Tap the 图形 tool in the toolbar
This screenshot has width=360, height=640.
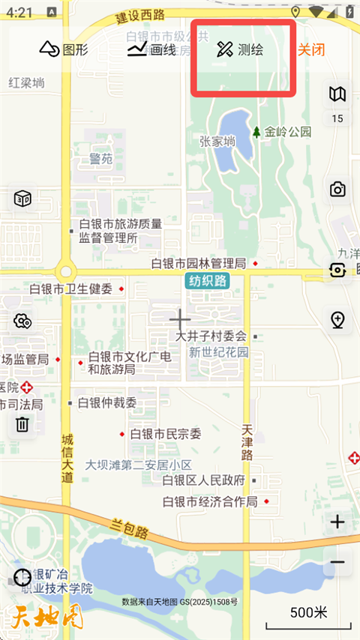pos(64,49)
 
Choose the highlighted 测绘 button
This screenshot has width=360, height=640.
pos(241,50)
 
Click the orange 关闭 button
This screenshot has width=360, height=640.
pos(311,49)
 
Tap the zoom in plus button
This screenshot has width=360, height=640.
pos(337,522)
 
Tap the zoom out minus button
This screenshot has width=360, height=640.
pos(337,562)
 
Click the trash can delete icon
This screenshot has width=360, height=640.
pos(22,424)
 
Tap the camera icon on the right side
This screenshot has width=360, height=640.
pos(338,189)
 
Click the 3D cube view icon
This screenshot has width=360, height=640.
pos(22,199)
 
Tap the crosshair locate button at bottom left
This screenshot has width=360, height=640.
pos(22,577)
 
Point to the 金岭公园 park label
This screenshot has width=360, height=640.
pos(287,132)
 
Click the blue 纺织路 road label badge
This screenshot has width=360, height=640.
pos(207,280)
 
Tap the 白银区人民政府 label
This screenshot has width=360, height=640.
pos(204,480)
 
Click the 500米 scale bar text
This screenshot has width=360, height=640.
pos(309,612)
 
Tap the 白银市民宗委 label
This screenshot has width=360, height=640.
pos(166,433)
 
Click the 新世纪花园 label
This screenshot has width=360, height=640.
pos(218,352)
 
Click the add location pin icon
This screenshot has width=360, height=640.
pos(338,320)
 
